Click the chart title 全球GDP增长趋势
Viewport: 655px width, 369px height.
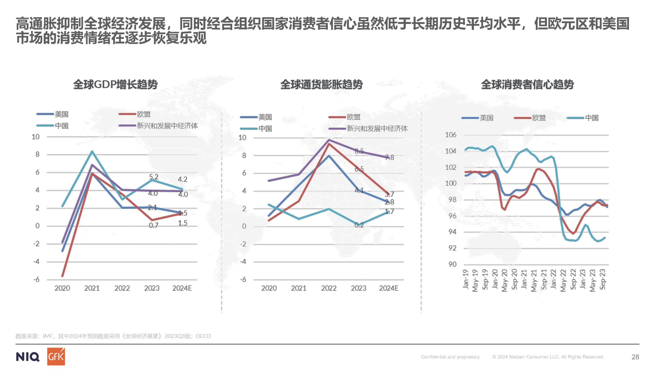[x=115, y=84]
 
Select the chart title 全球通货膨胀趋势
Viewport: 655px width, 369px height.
[x=321, y=84]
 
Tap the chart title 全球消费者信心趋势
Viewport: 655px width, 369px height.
[x=527, y=84]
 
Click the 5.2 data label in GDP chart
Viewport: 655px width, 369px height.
[x=154, y=177]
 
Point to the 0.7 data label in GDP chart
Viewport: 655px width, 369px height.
[x=154, y=225]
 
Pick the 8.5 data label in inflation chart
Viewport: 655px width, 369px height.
[x=359, y=151]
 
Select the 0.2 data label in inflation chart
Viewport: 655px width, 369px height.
[x=359, y=225]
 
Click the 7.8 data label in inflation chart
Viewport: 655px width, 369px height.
[x=389, y=157]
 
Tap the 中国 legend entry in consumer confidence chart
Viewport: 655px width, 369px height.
[x=592, y=118]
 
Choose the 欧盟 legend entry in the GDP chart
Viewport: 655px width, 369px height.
[x=144, y=114]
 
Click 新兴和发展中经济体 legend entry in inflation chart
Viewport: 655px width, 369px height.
[x=377, y=129]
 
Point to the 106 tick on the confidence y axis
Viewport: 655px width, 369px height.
[x=451, y=135]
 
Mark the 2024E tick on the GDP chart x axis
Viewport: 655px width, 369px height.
[x=182, y=288]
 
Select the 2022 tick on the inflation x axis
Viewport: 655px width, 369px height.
[x=329, y=288]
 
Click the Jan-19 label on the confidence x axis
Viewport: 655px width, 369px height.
[x=466, y=279]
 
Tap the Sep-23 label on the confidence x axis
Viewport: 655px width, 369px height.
[x=603, y=279]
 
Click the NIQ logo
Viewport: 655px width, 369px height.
[x=28, y=357]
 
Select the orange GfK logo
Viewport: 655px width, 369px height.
[x=56, y=356]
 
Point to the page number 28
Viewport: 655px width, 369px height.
[x=635, y=357]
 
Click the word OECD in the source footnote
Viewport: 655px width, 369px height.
[x=203, y=336]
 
